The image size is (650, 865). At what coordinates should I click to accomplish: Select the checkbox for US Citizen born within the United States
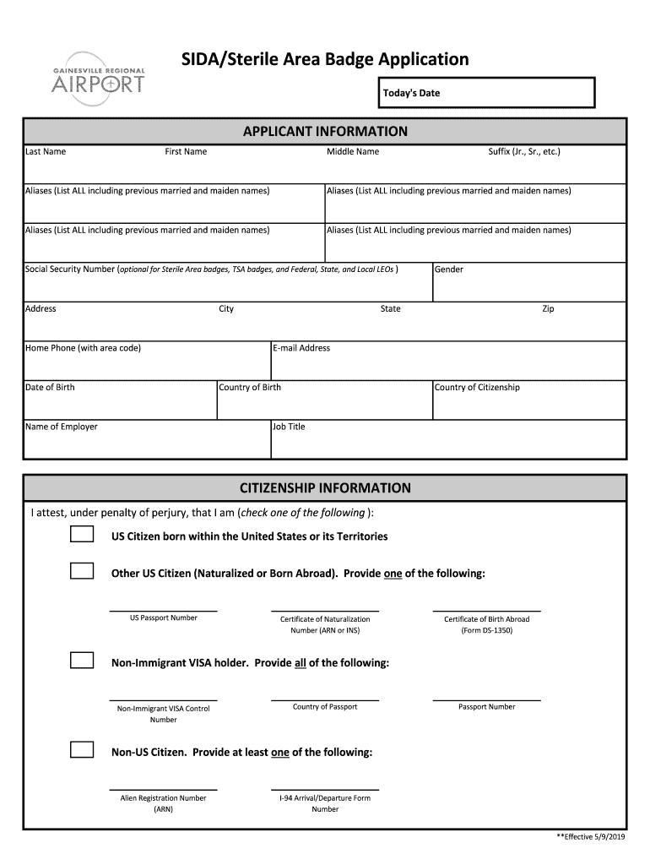tap(82, 535)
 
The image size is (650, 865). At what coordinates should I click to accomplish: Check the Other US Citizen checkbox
tap(82, 572)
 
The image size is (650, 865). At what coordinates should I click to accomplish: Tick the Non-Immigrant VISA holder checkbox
tap(82, 661)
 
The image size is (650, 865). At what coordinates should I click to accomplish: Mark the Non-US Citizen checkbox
tap(82, 750)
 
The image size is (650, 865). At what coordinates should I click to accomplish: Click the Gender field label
tap(449, 269)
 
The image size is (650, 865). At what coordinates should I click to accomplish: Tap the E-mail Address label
tap(301, 348)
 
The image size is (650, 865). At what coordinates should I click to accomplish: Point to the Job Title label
tap(289, 427)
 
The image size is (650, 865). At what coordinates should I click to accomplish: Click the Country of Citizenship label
tap(477, 388)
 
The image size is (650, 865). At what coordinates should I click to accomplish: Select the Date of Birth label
tap(50, 388)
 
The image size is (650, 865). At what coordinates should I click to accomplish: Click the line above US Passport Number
tap(163, 610)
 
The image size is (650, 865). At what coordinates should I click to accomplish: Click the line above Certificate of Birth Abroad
tap(486, 610)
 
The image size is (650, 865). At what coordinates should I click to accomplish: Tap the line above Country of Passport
tap(325, 699)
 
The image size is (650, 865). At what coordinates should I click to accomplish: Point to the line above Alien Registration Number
tap(163, 788)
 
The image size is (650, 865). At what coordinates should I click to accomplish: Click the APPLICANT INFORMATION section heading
tap(325, 132)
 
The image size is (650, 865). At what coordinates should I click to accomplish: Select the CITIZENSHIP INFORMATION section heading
tap(325, 488)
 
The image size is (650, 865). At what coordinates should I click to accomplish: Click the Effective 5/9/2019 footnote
tap(591, 836)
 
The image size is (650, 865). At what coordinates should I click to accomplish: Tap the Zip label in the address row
tap(548, 309)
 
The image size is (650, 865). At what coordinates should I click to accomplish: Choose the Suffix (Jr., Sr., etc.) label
tap(524, 152)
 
